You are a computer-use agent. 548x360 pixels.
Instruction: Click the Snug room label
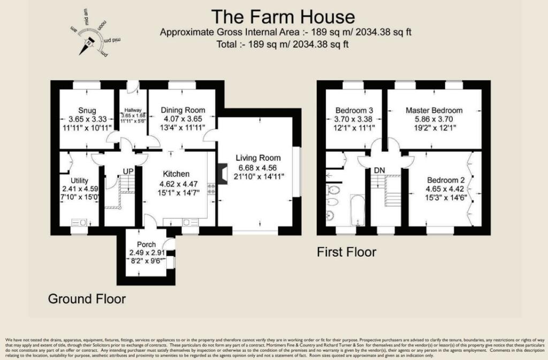tap(86, 110)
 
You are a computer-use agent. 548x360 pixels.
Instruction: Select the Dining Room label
tap(182, 110)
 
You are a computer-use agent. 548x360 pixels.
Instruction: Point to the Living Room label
tap(258, 158)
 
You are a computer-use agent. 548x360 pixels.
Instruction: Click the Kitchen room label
tap(176, 174)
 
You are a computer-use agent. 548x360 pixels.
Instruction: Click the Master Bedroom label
tap(434, 110)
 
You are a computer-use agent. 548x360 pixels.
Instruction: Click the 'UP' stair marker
tap(128, 171)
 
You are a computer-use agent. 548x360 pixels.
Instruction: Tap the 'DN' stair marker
tap(379, 171)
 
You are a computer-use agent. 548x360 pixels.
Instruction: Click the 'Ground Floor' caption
tap(87, 298)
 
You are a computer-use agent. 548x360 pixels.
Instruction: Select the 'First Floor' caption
tap(347, 251)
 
